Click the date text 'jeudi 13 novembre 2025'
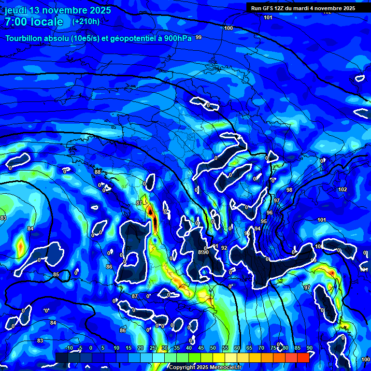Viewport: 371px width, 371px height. (58, 10)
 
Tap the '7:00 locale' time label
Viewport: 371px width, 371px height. (34, 22)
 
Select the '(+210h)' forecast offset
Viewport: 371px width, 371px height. (86, 21)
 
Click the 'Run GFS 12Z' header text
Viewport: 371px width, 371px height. (272, 8)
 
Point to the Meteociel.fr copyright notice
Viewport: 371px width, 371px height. (205, 367)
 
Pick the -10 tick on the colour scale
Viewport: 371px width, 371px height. (69, 348)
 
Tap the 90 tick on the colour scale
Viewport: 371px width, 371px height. (309, 348)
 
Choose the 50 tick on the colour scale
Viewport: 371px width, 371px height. (213, 348)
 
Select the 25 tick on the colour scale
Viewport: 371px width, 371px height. (153, 348)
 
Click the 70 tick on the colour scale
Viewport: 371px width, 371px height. (261, 348)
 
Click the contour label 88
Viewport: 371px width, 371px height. (98, 172)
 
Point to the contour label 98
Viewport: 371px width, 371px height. (289, 190)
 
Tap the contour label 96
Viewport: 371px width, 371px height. (270, 213)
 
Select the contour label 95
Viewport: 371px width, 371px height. (264, 221)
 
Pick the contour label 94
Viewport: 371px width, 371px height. (257, 228)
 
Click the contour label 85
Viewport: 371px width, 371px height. (56, 275)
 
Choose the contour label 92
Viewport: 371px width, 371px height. (224, 248)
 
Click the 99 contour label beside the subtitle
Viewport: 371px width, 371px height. (199, 38)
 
